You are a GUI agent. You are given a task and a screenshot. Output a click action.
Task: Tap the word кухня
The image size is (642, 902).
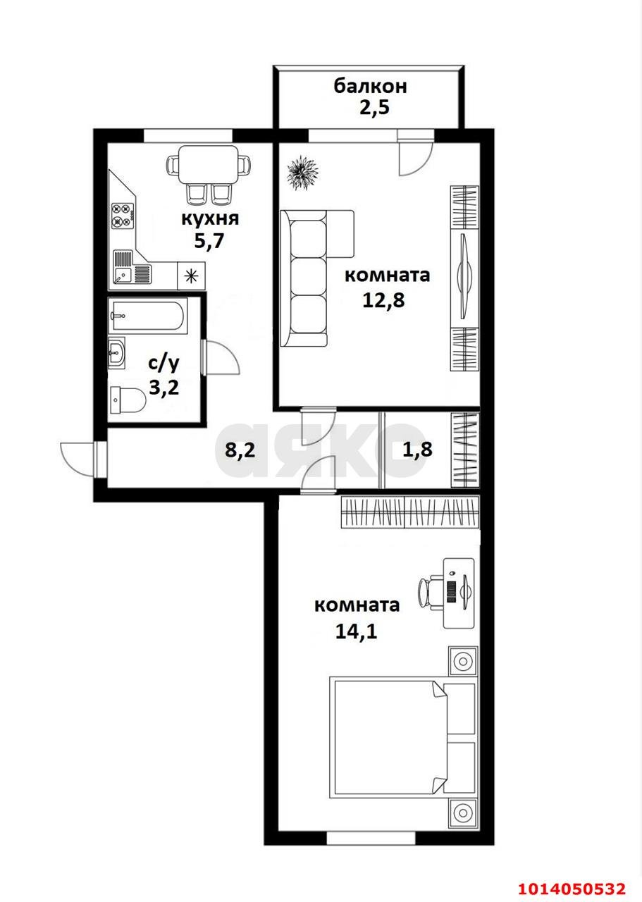[210, 218]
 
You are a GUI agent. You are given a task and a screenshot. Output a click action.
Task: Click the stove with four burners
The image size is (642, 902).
[123, 215]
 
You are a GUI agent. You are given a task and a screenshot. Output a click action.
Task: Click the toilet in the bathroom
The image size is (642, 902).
[128, 400]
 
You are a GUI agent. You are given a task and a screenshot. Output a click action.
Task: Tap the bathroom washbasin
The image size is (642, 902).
[117, 352]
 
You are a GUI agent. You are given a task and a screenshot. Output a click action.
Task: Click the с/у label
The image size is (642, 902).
[163, 364]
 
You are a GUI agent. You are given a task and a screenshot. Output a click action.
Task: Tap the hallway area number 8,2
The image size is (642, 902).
[239, 450]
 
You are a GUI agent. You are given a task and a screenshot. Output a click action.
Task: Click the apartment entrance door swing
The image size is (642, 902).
[78, 458]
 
